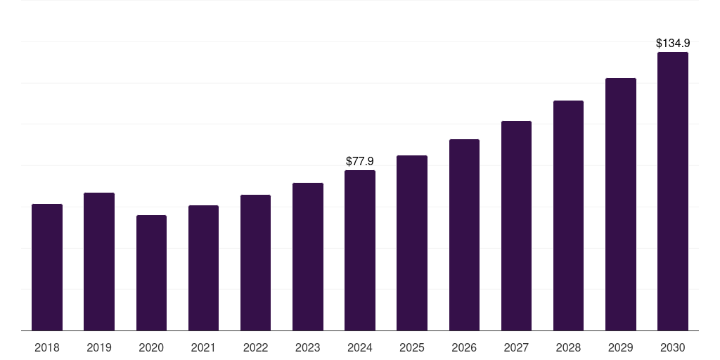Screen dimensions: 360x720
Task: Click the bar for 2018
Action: (x=47, y=267)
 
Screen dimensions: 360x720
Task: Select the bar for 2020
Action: (x=151, y=273)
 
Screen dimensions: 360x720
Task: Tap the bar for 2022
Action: (x=255, y=262)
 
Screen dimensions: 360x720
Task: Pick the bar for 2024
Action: (x=360, y=250)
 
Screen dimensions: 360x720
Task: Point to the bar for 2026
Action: (x=464, y=235)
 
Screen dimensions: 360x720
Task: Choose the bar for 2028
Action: (x=568, y=215)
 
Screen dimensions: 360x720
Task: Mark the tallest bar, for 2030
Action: (x=673, y=191)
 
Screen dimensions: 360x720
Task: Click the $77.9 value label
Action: (x=360, y=162)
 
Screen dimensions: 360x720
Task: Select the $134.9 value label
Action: (x=673, y=44)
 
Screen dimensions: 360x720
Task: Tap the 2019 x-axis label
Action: (x=99, y=347)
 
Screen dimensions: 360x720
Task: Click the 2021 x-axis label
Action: (x=203, y=347)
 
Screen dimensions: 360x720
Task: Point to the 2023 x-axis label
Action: (x=308, y=347)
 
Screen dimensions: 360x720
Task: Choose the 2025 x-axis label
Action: (x=412, y=347)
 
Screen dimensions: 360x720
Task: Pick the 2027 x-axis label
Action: (x=516, y=347)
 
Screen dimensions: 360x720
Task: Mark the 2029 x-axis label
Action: (x=621, y=347)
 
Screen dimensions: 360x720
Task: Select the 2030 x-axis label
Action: (x=673, y=347)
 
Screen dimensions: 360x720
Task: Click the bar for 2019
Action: (x=99, y=262)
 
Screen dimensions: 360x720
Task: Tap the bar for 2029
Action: (x=621, y=204)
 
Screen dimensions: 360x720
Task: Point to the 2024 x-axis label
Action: (x=360, y=347)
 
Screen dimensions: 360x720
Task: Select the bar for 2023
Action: (x=308, y=257)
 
